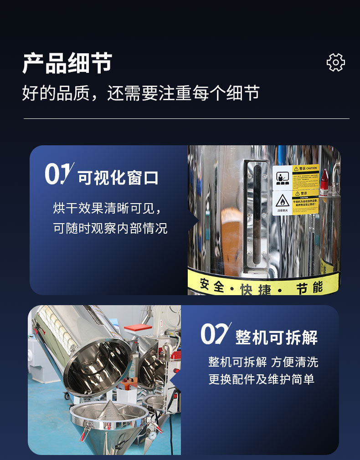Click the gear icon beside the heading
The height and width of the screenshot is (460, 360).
point(336,62)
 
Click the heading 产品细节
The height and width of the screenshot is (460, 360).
point(67,63)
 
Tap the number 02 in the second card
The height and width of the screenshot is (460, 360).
point(215,334)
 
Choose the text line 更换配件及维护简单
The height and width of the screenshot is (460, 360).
point(261,379)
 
